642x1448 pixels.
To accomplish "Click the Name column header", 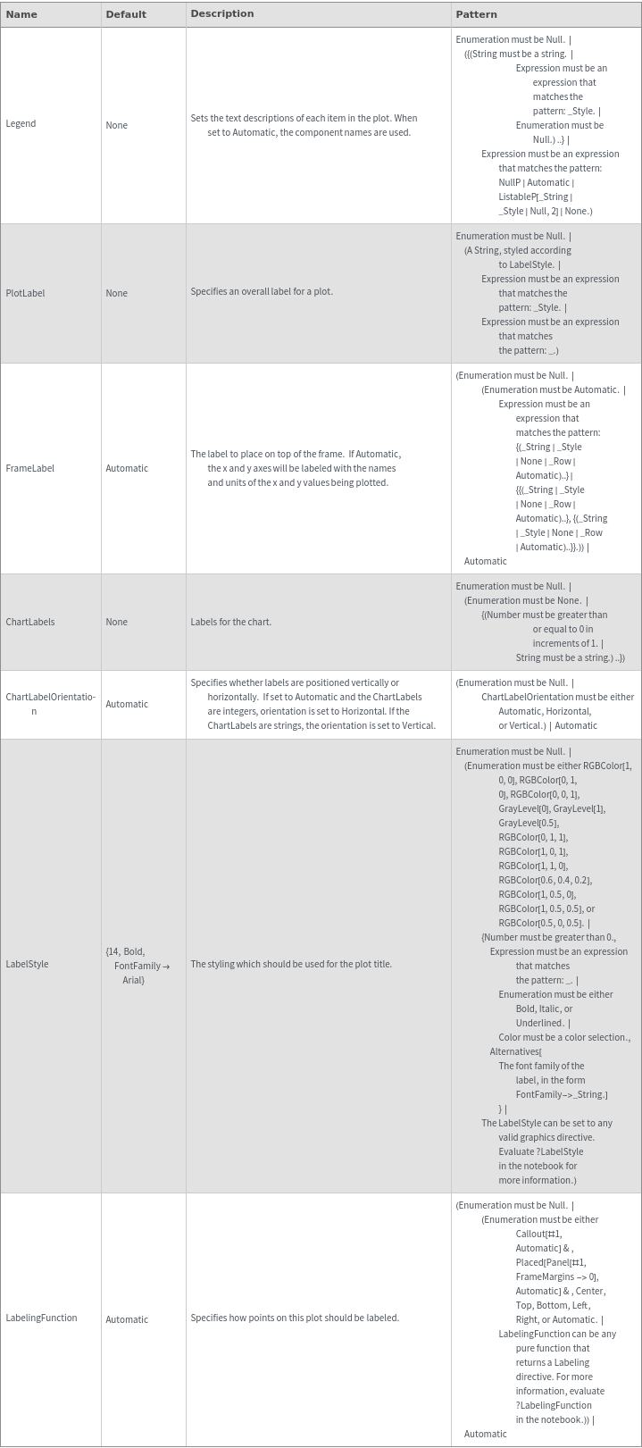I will (21, 14).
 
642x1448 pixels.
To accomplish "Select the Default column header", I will (126, 14).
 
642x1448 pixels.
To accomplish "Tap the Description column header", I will (221, 13).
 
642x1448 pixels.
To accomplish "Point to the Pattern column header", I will (476, 14).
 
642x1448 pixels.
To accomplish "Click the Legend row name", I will (21, 123).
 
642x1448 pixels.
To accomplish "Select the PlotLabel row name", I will (25, 293).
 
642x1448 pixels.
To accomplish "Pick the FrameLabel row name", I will (29, 468).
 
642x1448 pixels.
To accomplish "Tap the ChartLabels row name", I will (29, 622).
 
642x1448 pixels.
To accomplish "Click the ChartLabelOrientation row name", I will (50, 704).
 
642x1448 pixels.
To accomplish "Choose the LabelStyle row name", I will (27, 964).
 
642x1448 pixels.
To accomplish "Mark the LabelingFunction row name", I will (41, 1318).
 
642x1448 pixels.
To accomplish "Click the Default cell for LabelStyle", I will (137, 966).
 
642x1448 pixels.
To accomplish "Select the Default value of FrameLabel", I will (127, 468).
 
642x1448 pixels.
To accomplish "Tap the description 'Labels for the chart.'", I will (230, 622).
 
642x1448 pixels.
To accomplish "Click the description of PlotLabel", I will (261, 291).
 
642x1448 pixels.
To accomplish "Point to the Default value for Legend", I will (116, 125).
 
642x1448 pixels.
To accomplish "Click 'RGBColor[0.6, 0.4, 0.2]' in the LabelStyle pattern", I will (545, 880).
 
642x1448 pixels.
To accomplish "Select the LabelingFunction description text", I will (294, 1318).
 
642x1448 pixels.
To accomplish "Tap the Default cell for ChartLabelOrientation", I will (127, 704).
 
